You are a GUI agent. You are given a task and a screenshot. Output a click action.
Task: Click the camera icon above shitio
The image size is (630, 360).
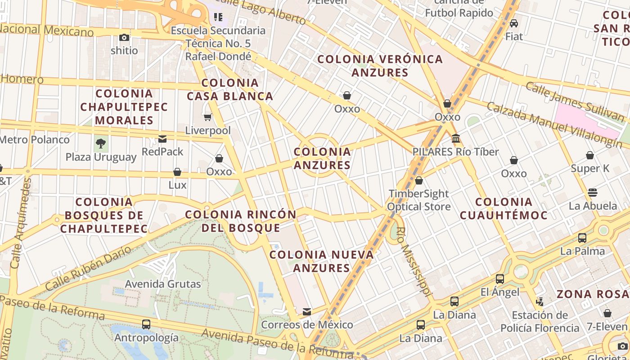[124, 38]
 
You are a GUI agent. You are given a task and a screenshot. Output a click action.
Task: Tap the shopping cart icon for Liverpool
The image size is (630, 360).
[207, 117]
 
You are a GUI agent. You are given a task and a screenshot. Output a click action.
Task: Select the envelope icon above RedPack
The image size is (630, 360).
[162, 139]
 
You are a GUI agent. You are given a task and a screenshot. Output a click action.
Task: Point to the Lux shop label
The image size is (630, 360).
[177, 185]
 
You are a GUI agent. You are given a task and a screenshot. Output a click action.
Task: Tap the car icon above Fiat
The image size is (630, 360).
[514, 23]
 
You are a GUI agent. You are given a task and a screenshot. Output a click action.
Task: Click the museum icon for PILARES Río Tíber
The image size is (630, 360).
[456, 139]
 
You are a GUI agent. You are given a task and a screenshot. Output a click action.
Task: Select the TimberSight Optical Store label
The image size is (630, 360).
[418, 200]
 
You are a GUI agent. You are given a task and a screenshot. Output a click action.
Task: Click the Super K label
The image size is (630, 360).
[590, 169]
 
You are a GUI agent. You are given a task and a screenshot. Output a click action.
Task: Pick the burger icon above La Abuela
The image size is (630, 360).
[593, 193]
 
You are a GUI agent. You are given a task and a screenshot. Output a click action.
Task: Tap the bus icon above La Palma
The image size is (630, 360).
[582, 238]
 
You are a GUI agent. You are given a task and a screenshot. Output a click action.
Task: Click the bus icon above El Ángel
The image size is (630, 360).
[500, 279]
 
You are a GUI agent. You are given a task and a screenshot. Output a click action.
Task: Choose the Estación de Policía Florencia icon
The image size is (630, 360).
[540, 302]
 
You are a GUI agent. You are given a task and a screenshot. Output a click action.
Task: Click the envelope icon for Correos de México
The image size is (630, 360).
[307, 311]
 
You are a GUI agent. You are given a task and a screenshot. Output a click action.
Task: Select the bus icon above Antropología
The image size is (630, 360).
[146, 324]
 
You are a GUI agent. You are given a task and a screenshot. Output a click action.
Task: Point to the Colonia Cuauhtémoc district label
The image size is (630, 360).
[504, 208]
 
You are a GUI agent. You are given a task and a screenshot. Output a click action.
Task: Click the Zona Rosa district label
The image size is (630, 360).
[593, 294]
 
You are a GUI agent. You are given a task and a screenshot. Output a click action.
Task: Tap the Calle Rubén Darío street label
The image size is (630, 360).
[88, 268]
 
